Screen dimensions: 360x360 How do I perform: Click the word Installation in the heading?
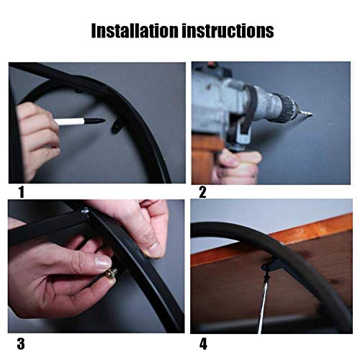pyautogui.click(x=135, y=30)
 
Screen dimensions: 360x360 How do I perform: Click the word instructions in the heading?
pyautogui.click(x=228, y=30)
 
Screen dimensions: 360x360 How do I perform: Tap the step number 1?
pyautogui.click(x=22, y=192)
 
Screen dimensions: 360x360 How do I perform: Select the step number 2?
pyautogui.click(x=202, y=192)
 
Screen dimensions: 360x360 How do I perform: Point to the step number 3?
pyautogui.click(x=21, y=343)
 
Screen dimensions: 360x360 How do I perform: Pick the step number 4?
pyautogui.click(x=203, y=344)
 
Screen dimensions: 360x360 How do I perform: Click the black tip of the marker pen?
pyautogui.click(x=94, y=120)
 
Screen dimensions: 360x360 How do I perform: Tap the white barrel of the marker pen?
pyautogui.click(x=69, y=122)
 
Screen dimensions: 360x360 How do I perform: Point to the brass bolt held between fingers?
pyautogui.click(x=112, y=273)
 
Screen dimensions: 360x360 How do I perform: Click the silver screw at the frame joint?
pyautogui.click(x=85, y=211)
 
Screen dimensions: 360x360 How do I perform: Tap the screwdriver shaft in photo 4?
pyautogui.click(x=262, y=305)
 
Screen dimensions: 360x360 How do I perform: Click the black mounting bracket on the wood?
pyautogui.click(x=271, y=266)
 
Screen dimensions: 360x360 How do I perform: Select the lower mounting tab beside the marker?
pyautogui.click(x=117, y=126)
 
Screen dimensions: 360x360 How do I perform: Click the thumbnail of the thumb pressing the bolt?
pyautogui.click(x=103, y=262)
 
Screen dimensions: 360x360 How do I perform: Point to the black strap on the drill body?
pyautogui.click(x=250, y=108)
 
